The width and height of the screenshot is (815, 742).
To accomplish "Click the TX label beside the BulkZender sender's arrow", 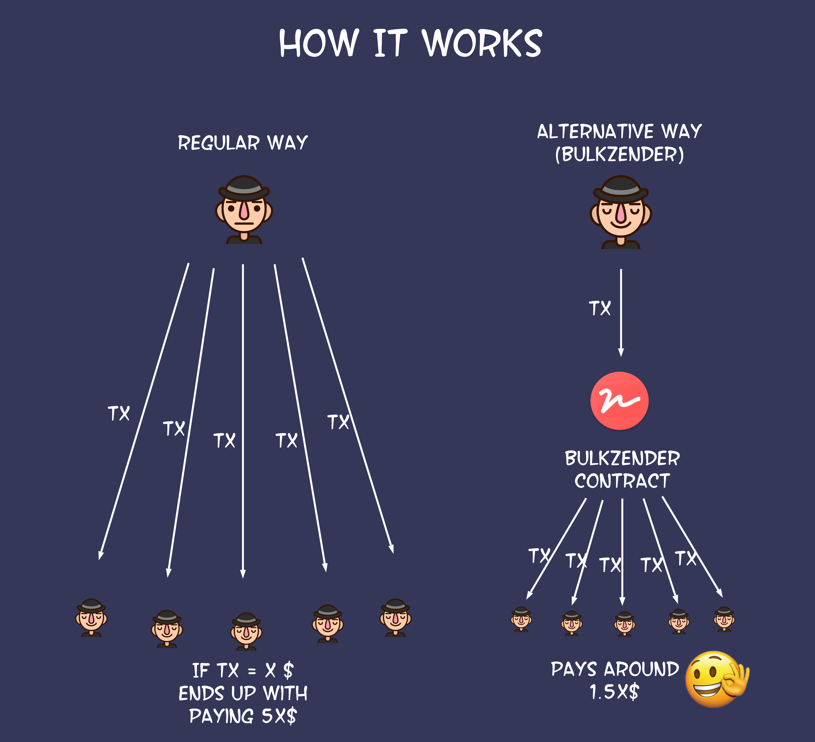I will [x=599, y=308].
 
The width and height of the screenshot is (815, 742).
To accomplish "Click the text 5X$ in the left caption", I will [x=279, y=716].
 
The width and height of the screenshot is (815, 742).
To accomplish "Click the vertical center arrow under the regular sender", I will [x=243, y=404].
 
